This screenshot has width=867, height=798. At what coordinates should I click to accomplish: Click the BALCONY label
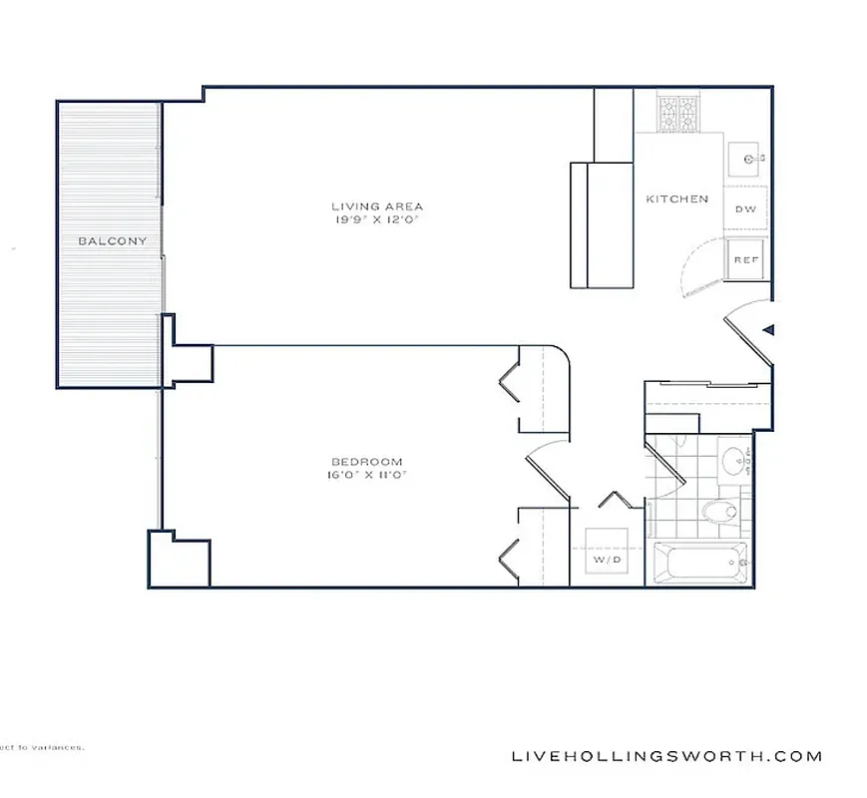point(113,240)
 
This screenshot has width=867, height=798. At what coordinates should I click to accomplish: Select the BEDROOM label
point(366,462)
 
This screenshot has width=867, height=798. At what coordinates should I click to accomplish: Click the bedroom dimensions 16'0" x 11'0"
point(366,475)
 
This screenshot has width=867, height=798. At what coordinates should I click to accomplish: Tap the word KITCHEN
point(676,199)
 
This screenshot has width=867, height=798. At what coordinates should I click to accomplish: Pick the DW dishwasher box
point(744,208)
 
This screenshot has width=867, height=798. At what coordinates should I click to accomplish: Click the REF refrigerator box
point(745,258)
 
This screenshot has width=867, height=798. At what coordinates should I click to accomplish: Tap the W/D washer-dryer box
point(607,561)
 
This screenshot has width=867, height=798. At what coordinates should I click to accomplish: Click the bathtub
point(701,565)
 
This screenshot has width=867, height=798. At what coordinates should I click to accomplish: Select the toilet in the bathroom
point(719,513)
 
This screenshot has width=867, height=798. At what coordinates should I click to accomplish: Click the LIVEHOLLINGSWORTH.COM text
point(666,756)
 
